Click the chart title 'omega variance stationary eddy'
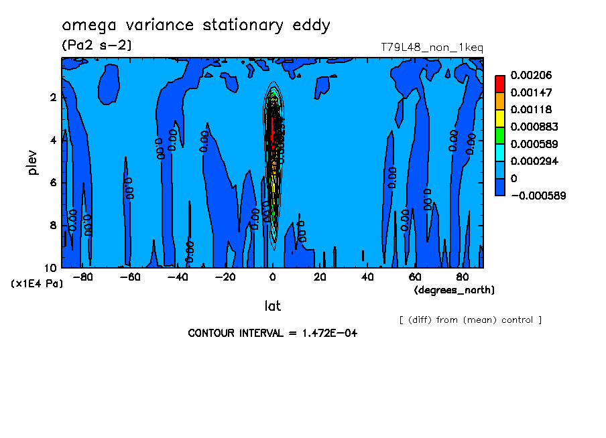(196, 26)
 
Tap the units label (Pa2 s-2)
(97, 46)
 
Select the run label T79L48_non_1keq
(432, 48)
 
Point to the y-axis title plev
(33, 162)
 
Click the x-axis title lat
(272, 306)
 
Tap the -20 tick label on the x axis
(225, 277)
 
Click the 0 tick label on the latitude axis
(272, 277)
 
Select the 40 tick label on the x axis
(367, 277)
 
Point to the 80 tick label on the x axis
(463, 277)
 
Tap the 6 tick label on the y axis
(53, 183)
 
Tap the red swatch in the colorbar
(499, 84)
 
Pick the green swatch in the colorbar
(499, 135)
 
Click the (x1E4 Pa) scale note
(37, 283)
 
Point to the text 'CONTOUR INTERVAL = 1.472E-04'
(272, 333)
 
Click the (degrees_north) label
(454, 290)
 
